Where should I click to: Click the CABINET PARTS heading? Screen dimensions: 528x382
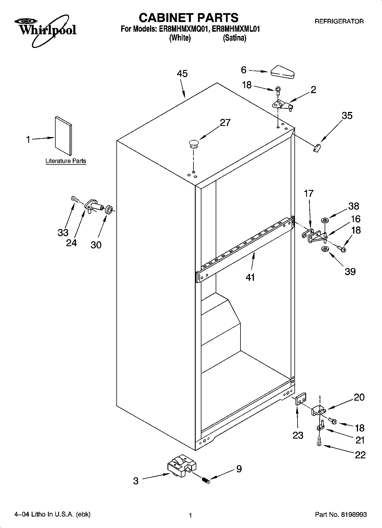coord(188,18)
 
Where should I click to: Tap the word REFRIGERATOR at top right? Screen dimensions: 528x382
coord(339,21)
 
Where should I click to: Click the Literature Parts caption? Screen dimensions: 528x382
coord(66,161)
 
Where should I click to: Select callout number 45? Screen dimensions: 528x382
coord(182,74)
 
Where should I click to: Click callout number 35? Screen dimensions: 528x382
coord(347,116)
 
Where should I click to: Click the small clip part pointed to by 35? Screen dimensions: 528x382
coord(317,148)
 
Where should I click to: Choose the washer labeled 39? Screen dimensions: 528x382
coord(325,250)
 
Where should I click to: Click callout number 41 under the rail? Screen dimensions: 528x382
coord(250,277)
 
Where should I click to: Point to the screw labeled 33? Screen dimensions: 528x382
coord(74,198)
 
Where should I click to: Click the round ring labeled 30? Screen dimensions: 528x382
coord(109,210)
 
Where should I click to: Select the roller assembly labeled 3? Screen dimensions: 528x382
coord(181,466)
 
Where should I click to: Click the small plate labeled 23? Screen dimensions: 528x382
coord(301,399)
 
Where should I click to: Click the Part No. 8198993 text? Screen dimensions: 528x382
coord(341,515)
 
